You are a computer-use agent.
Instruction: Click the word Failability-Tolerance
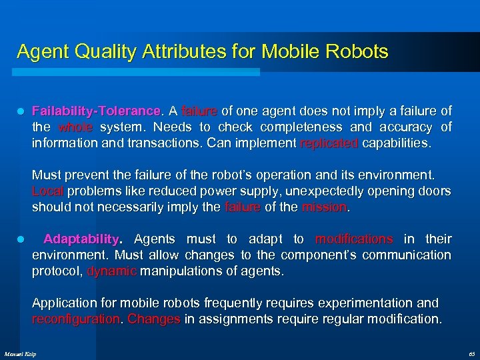96,111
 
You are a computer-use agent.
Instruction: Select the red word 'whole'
75,127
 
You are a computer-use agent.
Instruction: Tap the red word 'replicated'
329,143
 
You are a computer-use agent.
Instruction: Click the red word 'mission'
324,207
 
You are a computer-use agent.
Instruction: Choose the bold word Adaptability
81,239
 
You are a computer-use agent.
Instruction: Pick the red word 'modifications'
354,239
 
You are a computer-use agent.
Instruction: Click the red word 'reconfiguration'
77,319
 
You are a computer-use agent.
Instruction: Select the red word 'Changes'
153,319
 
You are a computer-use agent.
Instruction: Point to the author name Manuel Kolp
21,353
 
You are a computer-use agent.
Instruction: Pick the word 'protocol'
56,271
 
